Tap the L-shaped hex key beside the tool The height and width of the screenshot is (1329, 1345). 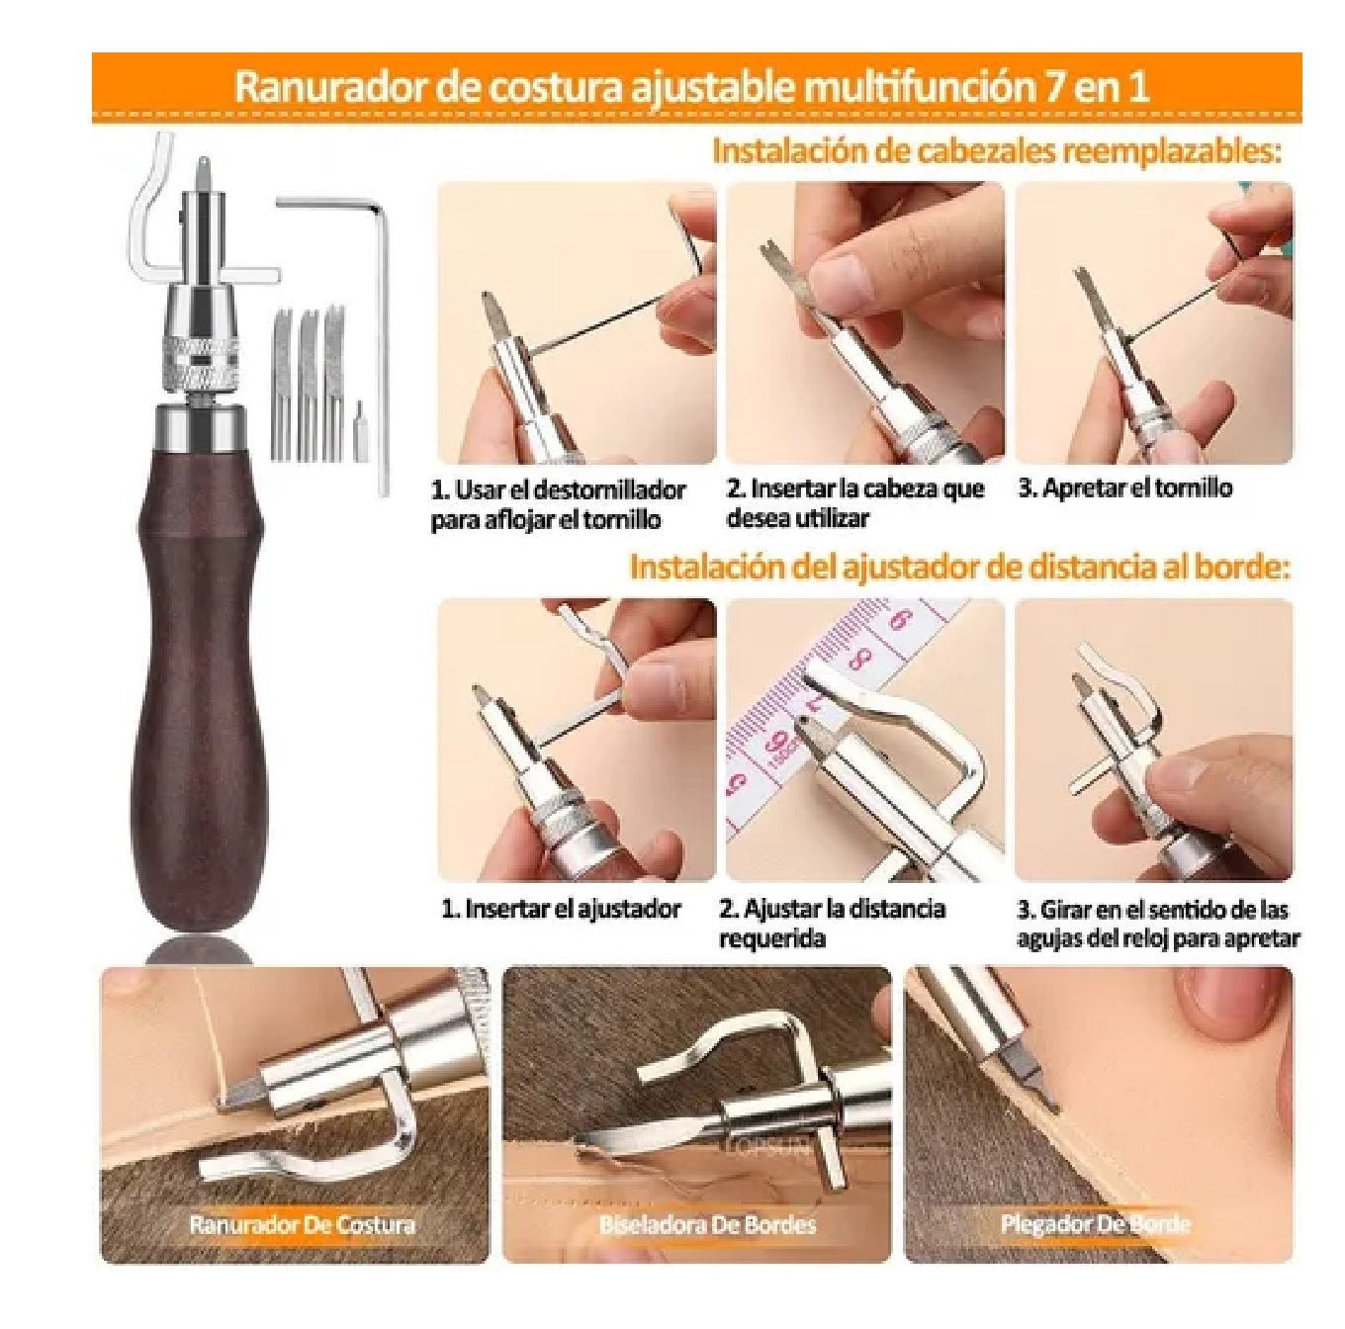(380, 326)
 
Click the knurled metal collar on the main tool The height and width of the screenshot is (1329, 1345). (202, 354)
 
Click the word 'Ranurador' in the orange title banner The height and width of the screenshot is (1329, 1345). (327, 87)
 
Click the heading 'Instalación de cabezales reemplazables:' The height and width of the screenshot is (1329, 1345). (996, 152)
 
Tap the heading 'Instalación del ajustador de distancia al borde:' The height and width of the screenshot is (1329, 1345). (960, 568)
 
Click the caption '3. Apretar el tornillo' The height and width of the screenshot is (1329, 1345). (1124, 488)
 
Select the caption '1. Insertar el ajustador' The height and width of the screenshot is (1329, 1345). (561, 909)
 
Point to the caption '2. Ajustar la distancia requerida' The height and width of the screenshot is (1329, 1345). (831, 923)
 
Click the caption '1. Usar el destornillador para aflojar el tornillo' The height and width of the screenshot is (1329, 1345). (558, 504)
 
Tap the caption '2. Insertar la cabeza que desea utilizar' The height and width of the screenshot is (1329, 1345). (854, 502)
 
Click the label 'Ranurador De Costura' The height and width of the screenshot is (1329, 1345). (302, 1225)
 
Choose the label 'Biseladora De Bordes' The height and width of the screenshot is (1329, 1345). (707, 1225)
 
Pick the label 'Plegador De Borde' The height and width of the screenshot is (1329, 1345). (1095, 1225)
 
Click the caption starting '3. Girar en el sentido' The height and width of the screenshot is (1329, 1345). (1157, 924)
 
